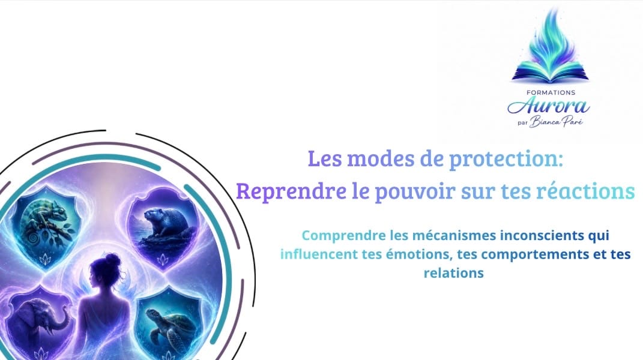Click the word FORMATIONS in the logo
click(x=551, y=92)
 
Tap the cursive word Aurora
click(x=549, y=106)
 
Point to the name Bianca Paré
click(x=556, y=121)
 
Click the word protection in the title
click(x=506, y=159)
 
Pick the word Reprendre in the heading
click(x=291, y=191)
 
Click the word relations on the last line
click(x=453, y=272)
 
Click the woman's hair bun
click(x=112, y=260)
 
